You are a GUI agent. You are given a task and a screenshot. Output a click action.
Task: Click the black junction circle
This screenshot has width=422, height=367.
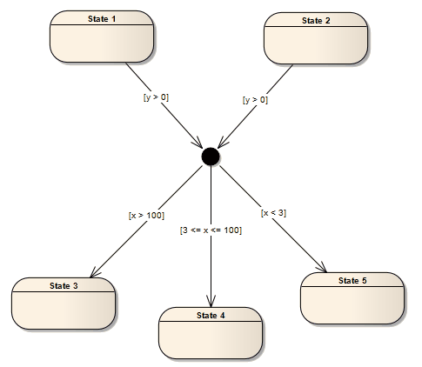pos(210,156)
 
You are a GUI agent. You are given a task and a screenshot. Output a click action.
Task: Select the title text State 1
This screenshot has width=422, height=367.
pos(102,19)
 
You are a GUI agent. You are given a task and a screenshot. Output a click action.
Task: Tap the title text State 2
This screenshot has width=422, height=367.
pos(316,19)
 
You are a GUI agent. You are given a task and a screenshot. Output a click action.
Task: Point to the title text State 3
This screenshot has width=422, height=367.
pos(64,285)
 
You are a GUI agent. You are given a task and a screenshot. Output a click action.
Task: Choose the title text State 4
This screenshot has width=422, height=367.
pos(211,314)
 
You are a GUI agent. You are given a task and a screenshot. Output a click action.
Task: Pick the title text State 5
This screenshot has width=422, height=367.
pos(352,280)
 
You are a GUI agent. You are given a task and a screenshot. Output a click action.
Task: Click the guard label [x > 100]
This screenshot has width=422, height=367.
pos(146,214)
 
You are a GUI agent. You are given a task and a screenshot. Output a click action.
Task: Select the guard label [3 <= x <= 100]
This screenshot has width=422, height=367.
pos(211,230)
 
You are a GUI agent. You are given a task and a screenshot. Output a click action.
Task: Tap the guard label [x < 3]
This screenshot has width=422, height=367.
pos(273,211)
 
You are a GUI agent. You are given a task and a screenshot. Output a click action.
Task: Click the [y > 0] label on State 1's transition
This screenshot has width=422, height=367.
pos(156,97)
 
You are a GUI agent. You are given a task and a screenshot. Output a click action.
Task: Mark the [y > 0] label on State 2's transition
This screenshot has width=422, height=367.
pos(255,100)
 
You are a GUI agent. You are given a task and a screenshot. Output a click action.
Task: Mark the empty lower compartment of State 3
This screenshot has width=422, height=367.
pos(64,310)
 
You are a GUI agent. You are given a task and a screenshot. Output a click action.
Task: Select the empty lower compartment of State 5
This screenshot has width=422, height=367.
pos(352,304)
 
